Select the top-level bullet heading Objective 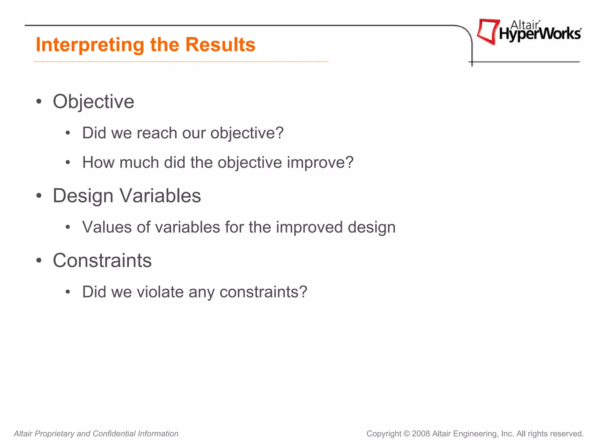(x=93, y=102)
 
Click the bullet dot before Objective (x=39, y=102)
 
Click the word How (x=98, y=162)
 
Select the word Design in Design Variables (x=83, y=196)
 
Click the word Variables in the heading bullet (x=160, y=196)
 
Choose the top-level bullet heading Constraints (x=102, y=260)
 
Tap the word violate (x=160, y=292)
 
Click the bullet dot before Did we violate (x=68, y=292)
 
